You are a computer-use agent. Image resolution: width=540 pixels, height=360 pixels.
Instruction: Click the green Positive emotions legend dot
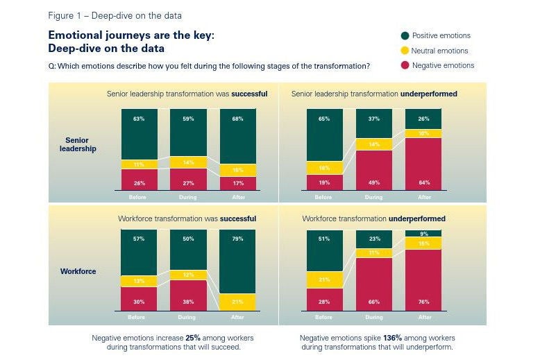(405, 35)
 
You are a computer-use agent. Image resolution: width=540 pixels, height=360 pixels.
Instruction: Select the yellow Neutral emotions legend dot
(405, 51)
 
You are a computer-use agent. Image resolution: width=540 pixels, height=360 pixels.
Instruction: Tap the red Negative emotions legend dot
(405, 65)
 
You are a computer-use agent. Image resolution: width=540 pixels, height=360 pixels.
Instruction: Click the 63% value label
(138, 119)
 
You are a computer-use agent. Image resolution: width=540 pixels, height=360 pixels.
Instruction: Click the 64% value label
(424, 182)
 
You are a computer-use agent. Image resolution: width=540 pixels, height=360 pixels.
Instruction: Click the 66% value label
(374, 302)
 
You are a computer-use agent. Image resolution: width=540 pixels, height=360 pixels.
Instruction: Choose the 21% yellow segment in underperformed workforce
(324, 280)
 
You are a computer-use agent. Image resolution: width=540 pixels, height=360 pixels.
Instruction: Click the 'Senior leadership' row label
(77, 144)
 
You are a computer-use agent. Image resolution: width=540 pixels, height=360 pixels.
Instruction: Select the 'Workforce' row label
(77, 271)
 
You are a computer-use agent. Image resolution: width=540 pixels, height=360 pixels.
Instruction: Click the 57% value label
(138, 239)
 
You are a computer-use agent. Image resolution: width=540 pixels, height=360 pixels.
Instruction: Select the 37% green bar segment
(374, 123)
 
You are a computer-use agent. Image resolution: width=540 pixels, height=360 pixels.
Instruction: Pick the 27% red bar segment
(187, 179)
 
